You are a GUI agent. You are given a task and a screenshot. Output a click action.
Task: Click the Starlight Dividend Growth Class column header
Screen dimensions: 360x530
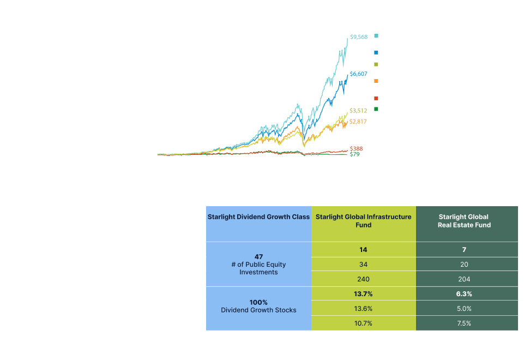[258, 217]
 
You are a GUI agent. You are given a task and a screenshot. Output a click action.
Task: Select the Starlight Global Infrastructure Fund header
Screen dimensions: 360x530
[363, 220]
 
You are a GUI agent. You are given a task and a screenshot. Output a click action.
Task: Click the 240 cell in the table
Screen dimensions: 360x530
[363, 279]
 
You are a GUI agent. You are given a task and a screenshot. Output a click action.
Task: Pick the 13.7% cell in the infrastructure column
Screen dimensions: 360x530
[363, 294]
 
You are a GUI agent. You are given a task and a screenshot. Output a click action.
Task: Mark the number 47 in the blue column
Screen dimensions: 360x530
[258, 256]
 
